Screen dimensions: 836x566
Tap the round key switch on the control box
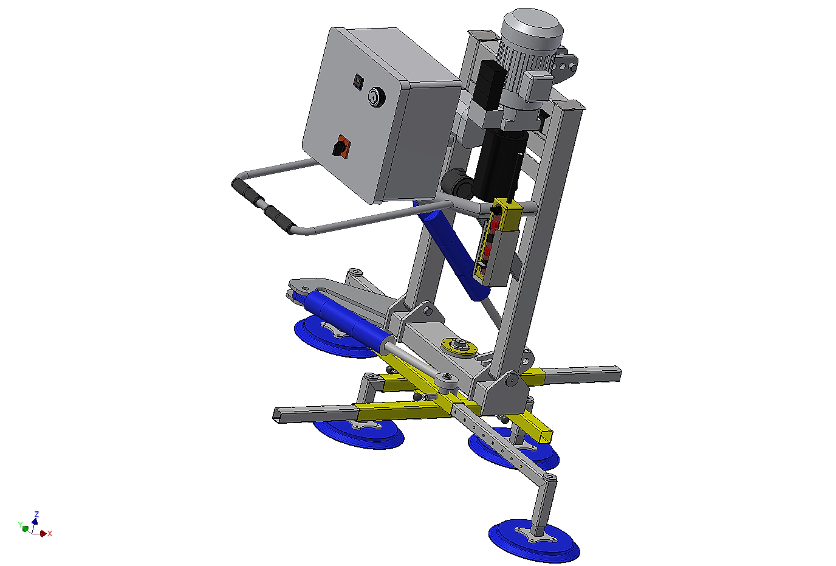[377, 97]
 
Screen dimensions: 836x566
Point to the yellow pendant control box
[495, 243]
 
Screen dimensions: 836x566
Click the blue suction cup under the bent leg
[534, 540]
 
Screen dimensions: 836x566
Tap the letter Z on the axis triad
[36, 514]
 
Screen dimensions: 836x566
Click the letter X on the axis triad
[50, 534]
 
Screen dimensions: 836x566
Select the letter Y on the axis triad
[20, 525]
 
